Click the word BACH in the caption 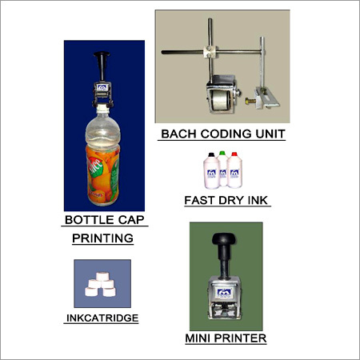pos(179,134)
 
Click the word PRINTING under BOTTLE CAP pos(102,238)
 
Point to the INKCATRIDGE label pos(102,318)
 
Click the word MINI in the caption pos(198,338)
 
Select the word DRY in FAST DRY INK pos(231,201)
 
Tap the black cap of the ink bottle pos(211,154)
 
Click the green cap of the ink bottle pos(222,153)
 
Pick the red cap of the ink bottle pos(234,154)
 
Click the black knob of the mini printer pos(224,238)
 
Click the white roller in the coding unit pos(219,101)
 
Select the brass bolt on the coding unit pos(250,101)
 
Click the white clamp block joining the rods pos(211,52)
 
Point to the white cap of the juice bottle pos(102,107)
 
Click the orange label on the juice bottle pos(102,174)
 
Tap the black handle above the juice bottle pos(102,66)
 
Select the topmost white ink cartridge pos(102,276)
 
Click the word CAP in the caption pos(130,220)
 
